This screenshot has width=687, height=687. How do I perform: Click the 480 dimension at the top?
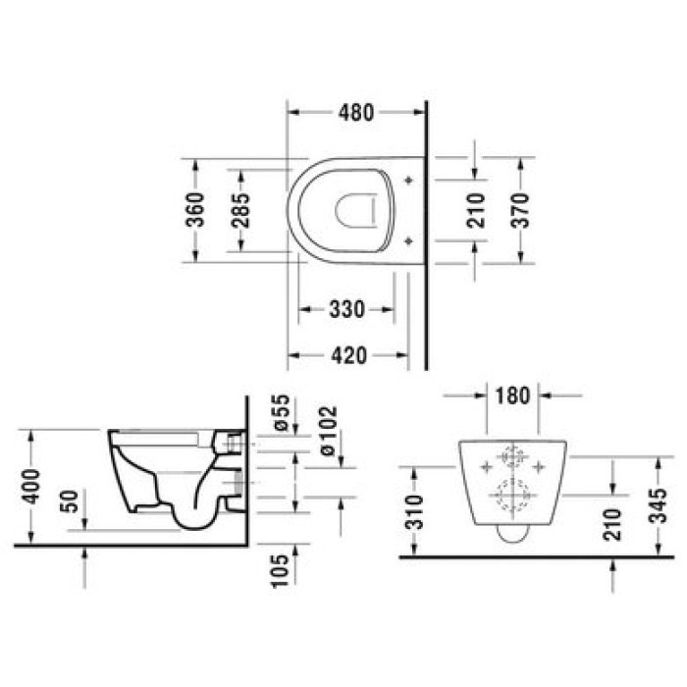coord(355,113)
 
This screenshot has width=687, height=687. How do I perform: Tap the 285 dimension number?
coord(242,209)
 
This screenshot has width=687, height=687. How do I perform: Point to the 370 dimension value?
coord(520,210)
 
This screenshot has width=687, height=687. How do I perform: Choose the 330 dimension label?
coord(345,310)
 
